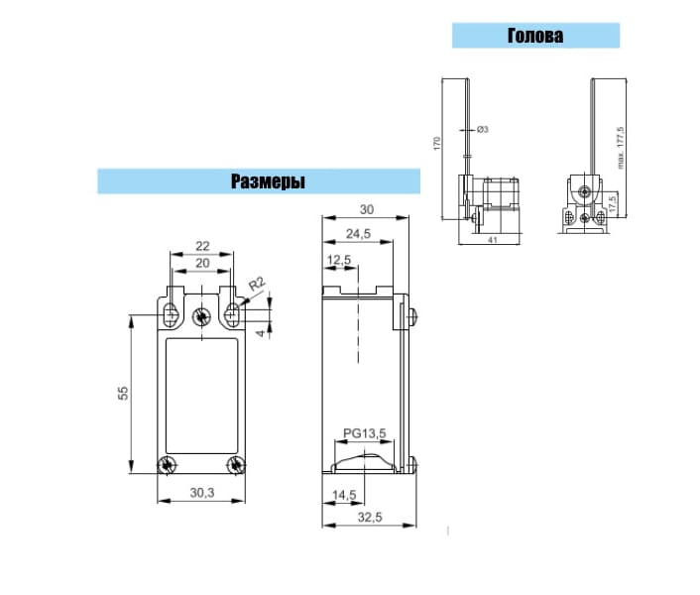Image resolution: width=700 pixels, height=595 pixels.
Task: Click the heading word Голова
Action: (535, 36)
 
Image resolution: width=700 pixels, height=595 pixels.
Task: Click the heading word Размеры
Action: (268, 181)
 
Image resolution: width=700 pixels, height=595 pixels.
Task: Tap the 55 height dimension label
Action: (123, 393)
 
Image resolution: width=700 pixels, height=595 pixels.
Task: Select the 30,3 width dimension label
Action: (202, 492)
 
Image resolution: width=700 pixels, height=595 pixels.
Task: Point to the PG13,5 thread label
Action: (364, 433)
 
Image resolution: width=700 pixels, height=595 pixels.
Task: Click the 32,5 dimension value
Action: (370, 517)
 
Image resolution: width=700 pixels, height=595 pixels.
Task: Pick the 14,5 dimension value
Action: (344, 495)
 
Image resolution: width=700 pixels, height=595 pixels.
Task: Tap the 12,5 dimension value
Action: (339, 260)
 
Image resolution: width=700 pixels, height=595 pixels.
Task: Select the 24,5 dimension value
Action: (358, 233)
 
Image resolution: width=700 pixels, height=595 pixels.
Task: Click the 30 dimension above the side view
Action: (367, 209)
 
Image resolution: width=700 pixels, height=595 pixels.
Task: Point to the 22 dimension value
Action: (202, 246)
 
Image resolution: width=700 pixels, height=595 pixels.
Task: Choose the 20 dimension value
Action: (202, 263)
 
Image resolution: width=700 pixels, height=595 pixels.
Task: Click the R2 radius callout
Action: (257, 284)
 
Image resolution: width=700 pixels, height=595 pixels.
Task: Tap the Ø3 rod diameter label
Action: (483, 130)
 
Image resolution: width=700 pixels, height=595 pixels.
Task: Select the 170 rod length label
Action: (436, 143)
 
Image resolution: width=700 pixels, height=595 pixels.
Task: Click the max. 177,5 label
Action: (621, 148)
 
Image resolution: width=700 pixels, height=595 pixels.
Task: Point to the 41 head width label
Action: (492, 240)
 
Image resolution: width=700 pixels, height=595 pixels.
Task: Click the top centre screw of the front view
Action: (201, 316)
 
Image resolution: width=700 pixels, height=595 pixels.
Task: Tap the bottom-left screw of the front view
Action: (167, 465)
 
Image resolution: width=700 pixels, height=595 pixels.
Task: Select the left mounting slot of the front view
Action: (171, 314)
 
